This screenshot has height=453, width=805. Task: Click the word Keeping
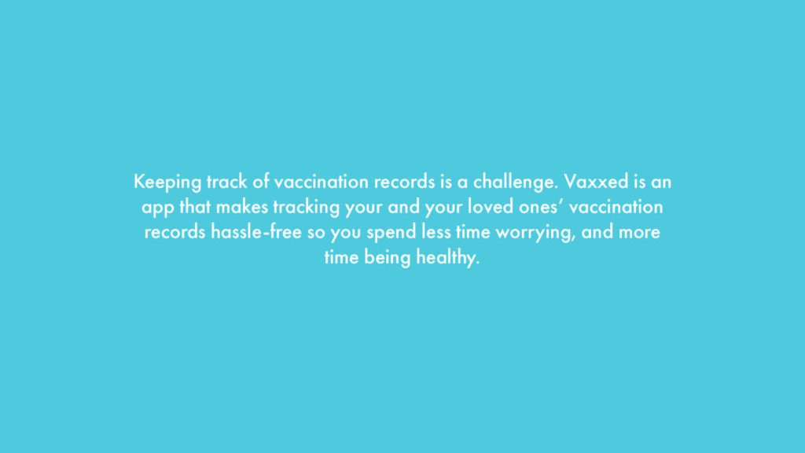click(167, 182)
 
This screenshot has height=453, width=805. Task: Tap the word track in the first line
click(226, 182)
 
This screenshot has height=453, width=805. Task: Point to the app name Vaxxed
click(596, 182)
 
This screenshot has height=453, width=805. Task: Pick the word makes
click(242, 207)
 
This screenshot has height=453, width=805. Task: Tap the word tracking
click(307, 208)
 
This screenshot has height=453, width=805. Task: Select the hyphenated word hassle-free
click(256, 232)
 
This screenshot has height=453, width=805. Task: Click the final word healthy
click(447, 258)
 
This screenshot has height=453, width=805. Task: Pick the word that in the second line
click(195, 207)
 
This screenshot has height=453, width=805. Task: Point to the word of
click(261, 182)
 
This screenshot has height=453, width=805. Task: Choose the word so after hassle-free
click(316, 233)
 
